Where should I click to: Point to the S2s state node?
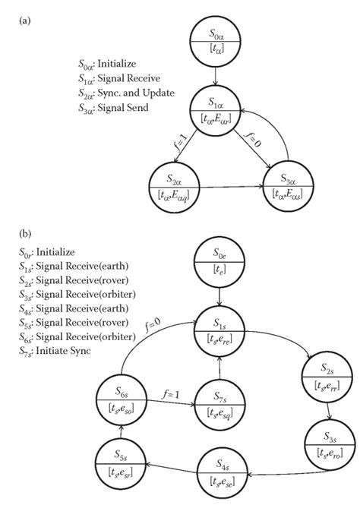click(x=325, y=375)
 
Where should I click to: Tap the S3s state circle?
click(x=329, y=437)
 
